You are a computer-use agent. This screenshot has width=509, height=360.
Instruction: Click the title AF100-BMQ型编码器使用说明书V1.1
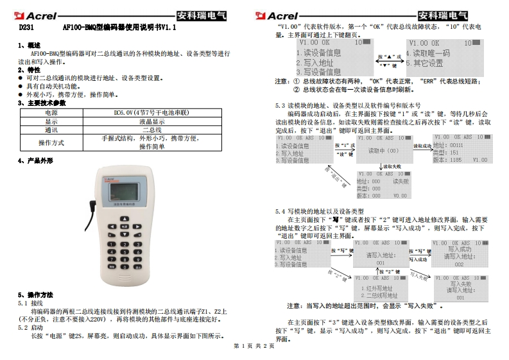click(x=119, y=29)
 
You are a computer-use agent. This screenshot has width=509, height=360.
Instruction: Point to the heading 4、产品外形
click(x=35, y=160)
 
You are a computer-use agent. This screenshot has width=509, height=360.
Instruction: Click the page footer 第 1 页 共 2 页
click(x=254, y=347)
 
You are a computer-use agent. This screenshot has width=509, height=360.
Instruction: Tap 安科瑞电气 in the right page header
click(x=443, y=15)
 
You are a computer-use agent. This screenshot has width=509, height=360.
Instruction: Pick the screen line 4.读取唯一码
click(x=431, y=53)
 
